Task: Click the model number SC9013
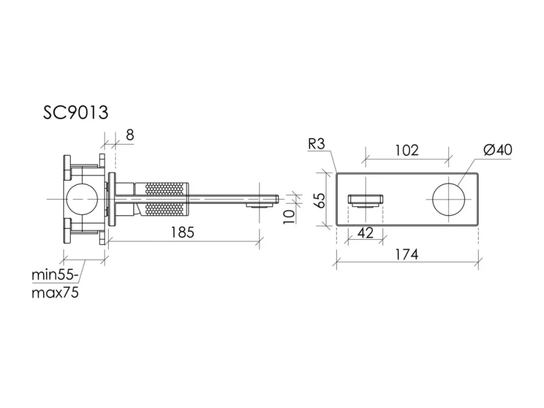tap(76, 112)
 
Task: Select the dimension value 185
tap(182, 232)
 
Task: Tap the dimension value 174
tap(407, 254)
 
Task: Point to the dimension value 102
tap(407, 150)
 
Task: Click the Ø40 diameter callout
tap(497, 150)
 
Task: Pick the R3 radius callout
tap(316, 144)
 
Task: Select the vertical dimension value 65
tap(321, 200)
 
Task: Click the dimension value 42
tap(365, 233)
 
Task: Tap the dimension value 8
tap(130, 135)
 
